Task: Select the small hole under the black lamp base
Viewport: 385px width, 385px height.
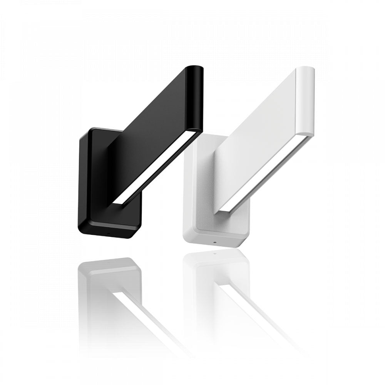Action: tap(108, 233)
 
